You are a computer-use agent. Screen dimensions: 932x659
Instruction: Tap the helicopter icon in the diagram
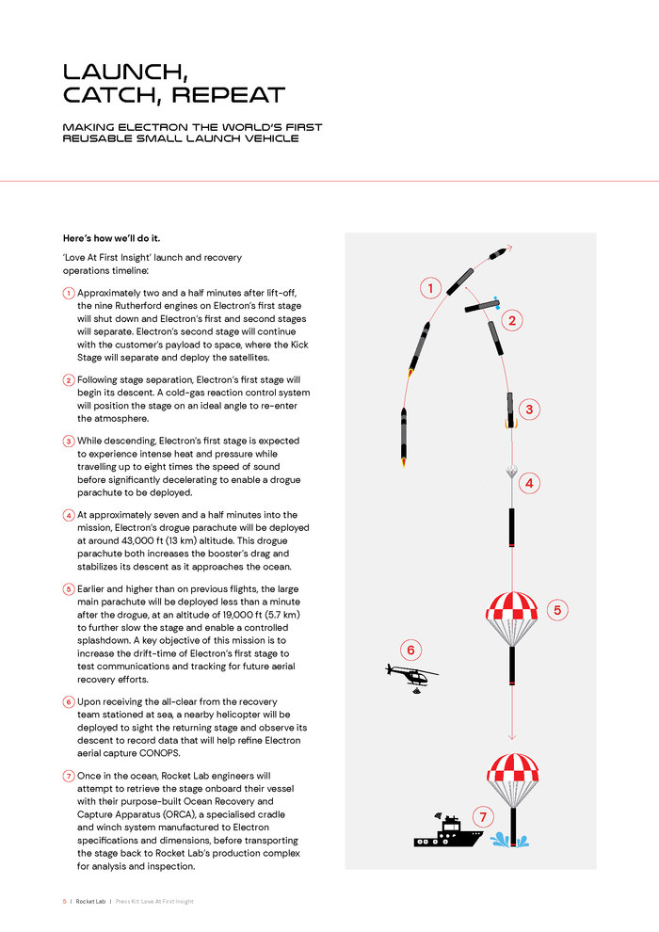click(410, 674)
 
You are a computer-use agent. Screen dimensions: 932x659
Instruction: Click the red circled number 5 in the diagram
click(556, 610)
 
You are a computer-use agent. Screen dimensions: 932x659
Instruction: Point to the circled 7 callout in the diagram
click(483, 815)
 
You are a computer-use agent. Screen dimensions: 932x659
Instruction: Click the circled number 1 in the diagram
click(430, 288)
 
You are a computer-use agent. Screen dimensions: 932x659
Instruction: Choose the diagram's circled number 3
click(530, 409)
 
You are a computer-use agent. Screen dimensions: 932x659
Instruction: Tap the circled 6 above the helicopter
click(409, 650)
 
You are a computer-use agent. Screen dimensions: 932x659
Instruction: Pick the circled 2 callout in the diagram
click(513, 321)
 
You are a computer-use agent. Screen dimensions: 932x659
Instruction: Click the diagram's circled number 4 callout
click(529, 483)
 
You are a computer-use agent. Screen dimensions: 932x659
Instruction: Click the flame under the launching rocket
click(404, 462)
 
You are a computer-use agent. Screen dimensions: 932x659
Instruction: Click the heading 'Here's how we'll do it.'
click(119, 239)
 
